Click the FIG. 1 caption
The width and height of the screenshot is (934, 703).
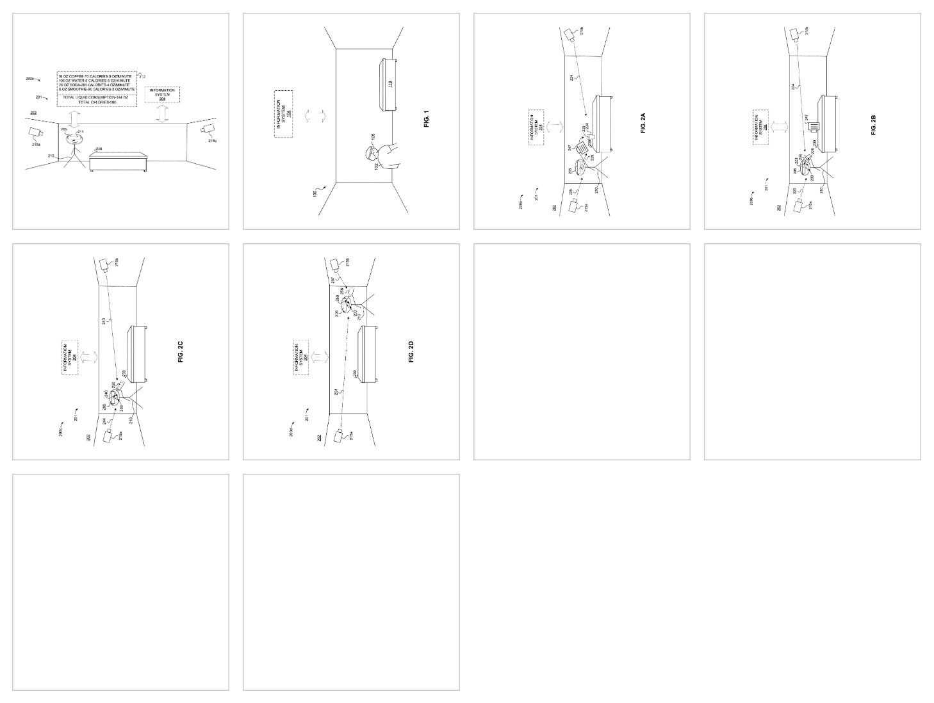tap(425, 120)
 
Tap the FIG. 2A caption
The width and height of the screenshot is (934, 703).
tap(643, 122)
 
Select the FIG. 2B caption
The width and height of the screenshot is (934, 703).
tap(874, 124)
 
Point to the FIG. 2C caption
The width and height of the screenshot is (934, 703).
tap(181, 353)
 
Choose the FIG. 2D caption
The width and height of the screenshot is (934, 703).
tap(411, 352)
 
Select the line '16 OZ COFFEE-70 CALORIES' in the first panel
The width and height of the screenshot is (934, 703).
tap(95, 76)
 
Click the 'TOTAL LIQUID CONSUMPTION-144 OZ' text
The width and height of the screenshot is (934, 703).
tap(96, 97)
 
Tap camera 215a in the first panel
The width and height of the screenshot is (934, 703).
tap(35, 133)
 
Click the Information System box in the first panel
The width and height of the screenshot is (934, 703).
tap(162, 95)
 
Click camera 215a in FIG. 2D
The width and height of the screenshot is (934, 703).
tap(340, 436)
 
